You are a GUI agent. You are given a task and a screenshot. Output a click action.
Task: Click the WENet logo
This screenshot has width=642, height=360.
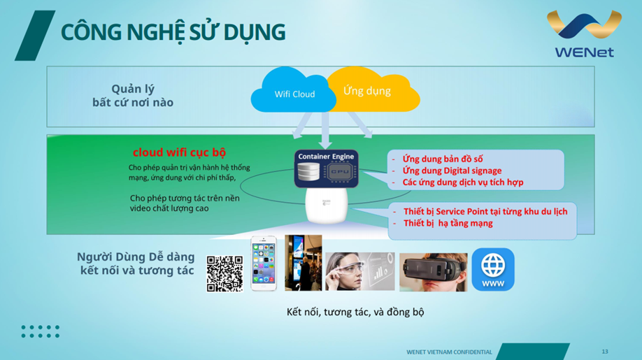[584, 34]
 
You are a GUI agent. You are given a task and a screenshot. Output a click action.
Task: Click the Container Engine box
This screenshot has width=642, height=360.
[327, 168]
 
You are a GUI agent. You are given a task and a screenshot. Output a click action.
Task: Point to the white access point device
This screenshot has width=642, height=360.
[327, 206]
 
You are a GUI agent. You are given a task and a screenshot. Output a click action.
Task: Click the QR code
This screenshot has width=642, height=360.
[224, 274]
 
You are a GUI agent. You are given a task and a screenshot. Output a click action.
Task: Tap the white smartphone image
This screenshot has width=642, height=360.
[264, 264]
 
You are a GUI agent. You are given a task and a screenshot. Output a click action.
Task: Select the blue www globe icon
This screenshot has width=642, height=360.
[493, 270]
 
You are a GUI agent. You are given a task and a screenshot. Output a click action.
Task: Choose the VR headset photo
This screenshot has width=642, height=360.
[433, 272]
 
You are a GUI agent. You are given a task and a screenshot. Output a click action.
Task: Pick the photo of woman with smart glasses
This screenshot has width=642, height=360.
[360, 271]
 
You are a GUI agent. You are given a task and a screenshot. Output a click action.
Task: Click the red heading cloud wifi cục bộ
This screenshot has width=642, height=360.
[179, 152]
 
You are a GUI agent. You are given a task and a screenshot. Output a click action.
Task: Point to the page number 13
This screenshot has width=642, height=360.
[605, 352]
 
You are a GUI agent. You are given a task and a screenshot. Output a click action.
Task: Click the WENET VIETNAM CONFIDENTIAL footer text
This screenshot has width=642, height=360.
[449, 352]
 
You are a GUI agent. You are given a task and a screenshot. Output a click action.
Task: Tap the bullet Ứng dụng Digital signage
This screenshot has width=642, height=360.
[452, 171]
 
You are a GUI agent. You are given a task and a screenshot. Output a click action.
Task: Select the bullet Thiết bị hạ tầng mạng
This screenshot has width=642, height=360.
[448, 223]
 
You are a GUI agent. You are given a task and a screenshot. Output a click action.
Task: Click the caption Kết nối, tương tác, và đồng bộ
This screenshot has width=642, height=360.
[355, 312]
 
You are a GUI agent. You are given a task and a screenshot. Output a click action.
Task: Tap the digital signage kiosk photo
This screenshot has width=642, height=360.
[304, 263]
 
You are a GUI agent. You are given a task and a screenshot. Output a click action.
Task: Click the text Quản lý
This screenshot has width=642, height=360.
[133, 89]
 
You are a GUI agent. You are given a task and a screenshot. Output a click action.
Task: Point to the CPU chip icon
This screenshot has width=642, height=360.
[340, 172]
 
